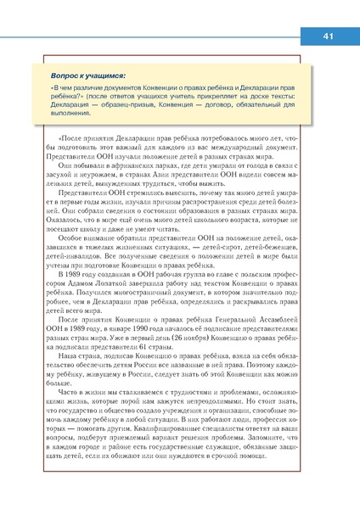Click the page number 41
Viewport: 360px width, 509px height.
(329, 36)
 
